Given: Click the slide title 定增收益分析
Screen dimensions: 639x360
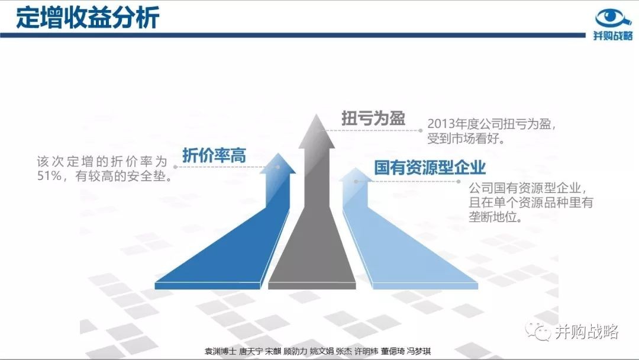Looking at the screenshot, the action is tap(88, 18).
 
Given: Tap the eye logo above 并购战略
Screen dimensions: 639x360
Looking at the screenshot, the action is tap(613, 18).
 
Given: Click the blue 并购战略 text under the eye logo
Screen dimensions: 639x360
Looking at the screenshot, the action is tap(613, 36).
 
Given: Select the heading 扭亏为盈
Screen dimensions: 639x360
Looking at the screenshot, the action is tap(373, 118).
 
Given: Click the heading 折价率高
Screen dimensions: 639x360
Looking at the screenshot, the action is tap(214, 155).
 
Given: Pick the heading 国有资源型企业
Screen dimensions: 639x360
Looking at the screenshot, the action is tap(430, 168).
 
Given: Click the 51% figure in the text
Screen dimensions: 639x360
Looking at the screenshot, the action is tap(49, 176).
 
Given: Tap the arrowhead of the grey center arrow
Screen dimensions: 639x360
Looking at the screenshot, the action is tap(317, 131).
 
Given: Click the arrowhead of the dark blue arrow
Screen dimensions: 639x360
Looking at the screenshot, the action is tap(278, 164).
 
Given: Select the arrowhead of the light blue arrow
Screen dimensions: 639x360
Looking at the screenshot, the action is tap(356, 175).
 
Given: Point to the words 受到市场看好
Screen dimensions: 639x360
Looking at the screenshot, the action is tap(463, 139).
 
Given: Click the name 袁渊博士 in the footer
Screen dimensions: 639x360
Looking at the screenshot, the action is tap(220, 351).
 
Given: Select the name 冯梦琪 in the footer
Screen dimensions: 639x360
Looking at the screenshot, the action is tap(418, 351).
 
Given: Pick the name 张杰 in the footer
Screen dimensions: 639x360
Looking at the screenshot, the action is tap(344, 351).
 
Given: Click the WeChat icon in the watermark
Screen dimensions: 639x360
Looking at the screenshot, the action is tap(538, 332).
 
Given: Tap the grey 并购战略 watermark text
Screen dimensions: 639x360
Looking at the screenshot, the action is tap(586, 332).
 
